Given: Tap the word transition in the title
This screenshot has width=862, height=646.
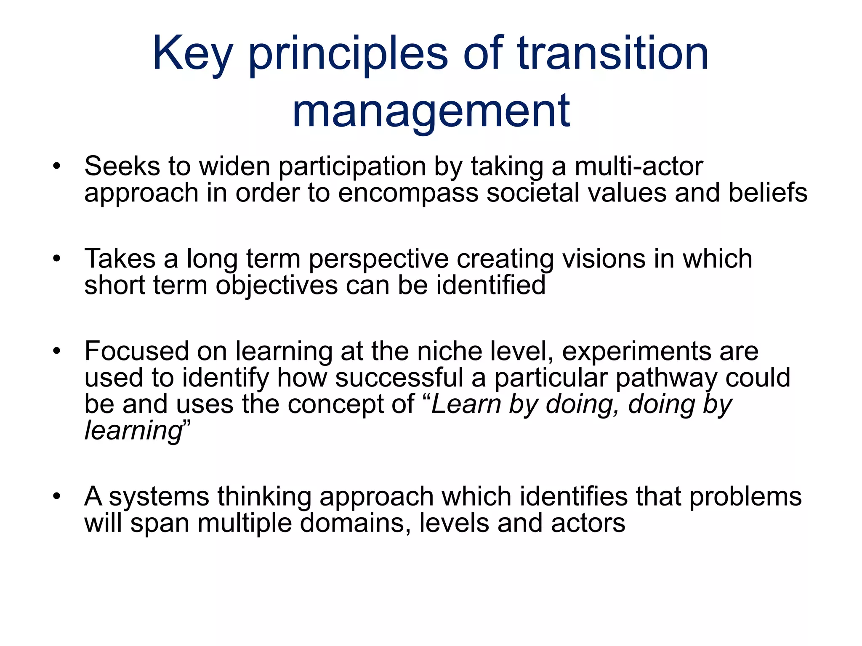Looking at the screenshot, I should (x=612, y=54).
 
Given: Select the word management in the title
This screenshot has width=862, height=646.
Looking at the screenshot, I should (x=431, y=111).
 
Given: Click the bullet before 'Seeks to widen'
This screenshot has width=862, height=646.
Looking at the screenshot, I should (x=57, y=166).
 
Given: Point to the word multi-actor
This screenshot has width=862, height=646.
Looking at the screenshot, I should (x=639, y=166).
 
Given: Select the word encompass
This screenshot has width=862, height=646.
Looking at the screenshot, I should (x=408, y=193).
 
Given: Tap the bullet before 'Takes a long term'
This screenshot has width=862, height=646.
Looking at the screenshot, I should (x=57, y=258).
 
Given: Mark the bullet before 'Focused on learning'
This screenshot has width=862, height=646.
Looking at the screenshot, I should (x=57, y=351).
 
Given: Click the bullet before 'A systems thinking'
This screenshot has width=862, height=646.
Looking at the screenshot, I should (x=57, y=496).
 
